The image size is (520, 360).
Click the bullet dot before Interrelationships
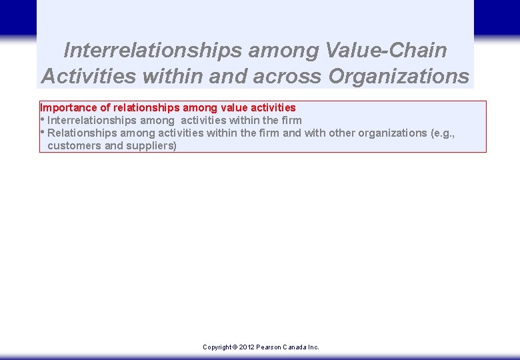tap(43, 119)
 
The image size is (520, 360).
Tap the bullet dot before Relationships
tap(43, 132)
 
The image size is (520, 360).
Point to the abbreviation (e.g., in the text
tap(443, 133)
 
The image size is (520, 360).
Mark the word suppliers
tap(151, 145)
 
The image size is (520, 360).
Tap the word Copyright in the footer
tap(217, 347)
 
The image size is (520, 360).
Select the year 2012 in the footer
tap(247, 347)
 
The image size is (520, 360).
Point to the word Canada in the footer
tap(295, 347)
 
